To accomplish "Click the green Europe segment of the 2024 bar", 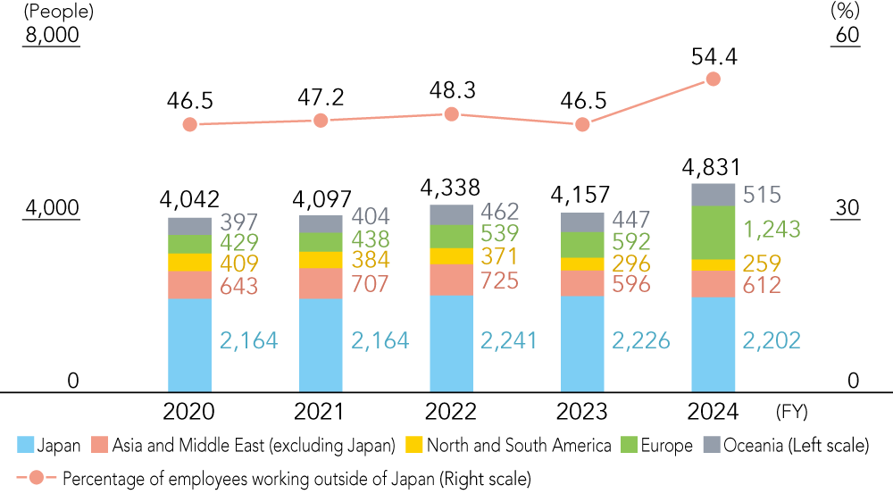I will click(x=714, y=232).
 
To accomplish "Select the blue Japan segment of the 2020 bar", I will click(x=189, y=345).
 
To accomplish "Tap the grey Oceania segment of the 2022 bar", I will click(x=451, y=214).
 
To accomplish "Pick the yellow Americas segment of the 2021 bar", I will click(x=320, y=260).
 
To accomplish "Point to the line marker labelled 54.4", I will click(x=713, y=79).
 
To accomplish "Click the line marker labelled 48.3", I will click(x=451, y=114).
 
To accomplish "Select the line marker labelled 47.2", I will click(x=320, y=121).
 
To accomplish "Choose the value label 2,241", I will click(x=511, y=340).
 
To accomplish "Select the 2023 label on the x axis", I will click(x=582, y=412).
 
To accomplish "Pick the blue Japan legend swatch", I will click(x=25, y=445).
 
